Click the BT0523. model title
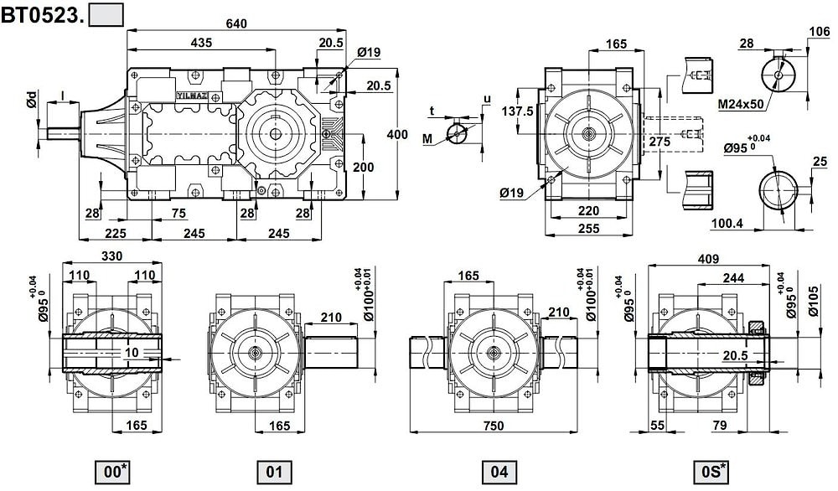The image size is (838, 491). pos(43,14)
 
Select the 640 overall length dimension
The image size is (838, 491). pos(236,23)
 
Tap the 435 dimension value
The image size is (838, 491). pos(201,42)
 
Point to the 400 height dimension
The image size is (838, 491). pos(397,134)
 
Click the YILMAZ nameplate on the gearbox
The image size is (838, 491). pos(192,96)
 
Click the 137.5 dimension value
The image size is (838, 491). pos(517,111)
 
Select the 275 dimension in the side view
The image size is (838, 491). pos(660,142)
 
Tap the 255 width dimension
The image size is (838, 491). pos(589,228)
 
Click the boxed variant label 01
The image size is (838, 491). pos(274,472)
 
